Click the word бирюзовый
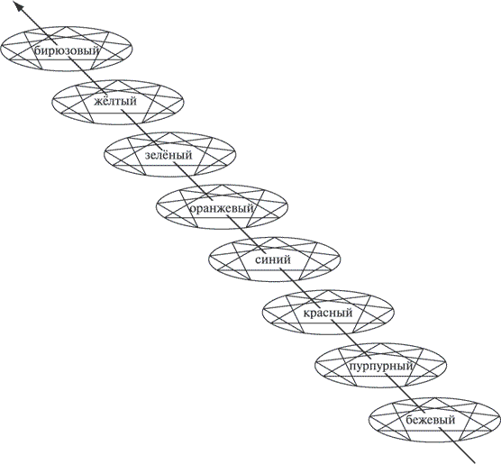pos(67,50)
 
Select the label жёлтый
pos(115,101)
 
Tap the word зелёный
pos(169,155)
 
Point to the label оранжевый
pos(222,209)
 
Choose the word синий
pos(273,259)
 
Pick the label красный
pos(328,313)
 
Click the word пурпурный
pos(380,366)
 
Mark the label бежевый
pos(431,419)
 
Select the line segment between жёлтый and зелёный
pos(139,128)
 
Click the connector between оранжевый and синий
pos(245,234)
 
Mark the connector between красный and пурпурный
pos(351,340)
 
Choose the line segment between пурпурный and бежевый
pos(405,393)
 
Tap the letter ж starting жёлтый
pos(98,102)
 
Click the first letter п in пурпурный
pos(351,367)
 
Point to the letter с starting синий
pos(259,260)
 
